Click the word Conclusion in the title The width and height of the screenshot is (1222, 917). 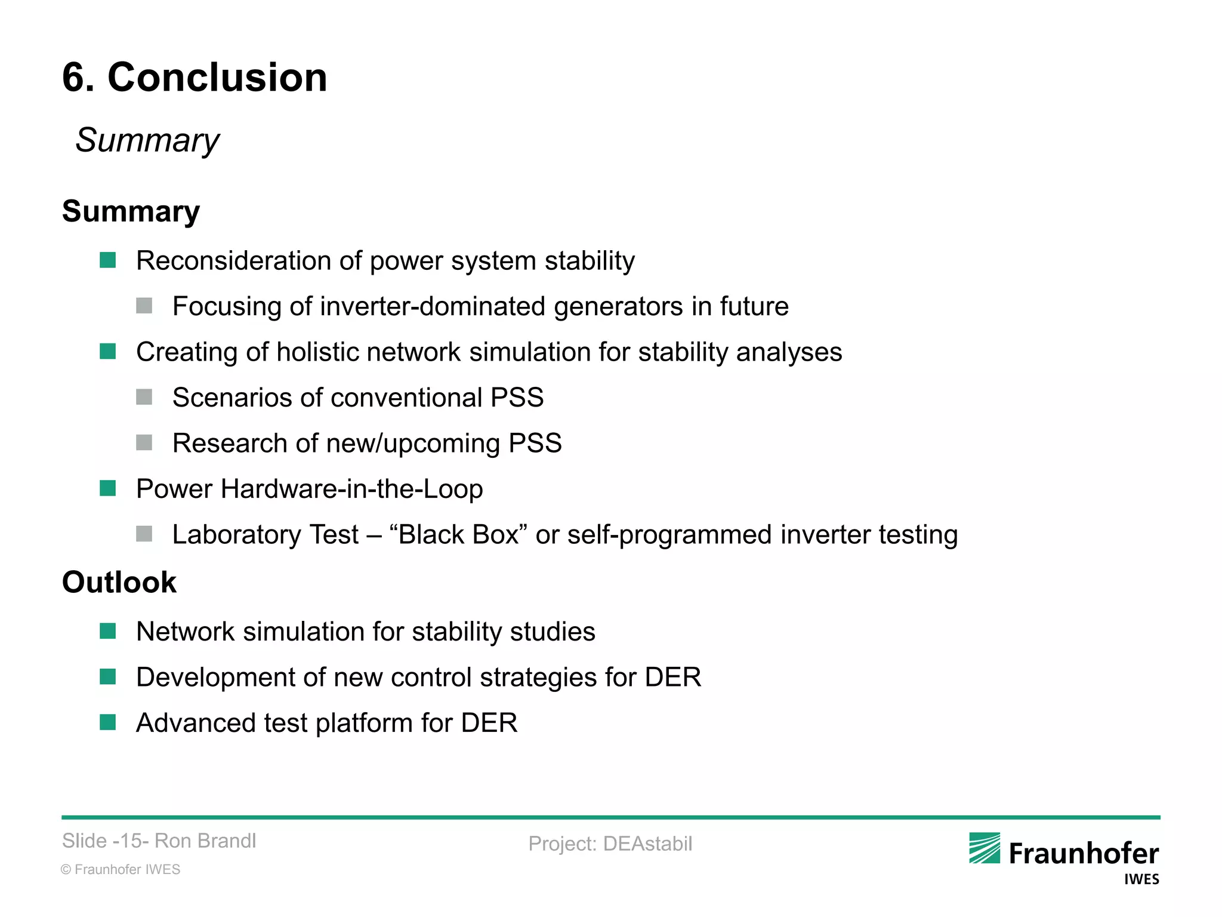point(217,78)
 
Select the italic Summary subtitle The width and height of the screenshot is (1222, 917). point(147,140)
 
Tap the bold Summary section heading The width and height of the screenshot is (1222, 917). point(131,211)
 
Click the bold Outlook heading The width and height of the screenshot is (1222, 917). point(119,582)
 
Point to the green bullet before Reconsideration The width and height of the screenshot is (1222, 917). point(108,260)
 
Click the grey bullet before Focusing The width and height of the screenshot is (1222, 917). point(144,306)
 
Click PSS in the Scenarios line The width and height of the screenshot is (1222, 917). point(517,398)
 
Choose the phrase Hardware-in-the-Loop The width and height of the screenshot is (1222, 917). point(351,489)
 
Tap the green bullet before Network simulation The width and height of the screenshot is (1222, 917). point(108,631)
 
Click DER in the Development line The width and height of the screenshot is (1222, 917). point(672,678)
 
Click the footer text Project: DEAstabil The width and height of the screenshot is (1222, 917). point(610,844)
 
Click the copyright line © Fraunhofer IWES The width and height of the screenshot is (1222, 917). point(121,869)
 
